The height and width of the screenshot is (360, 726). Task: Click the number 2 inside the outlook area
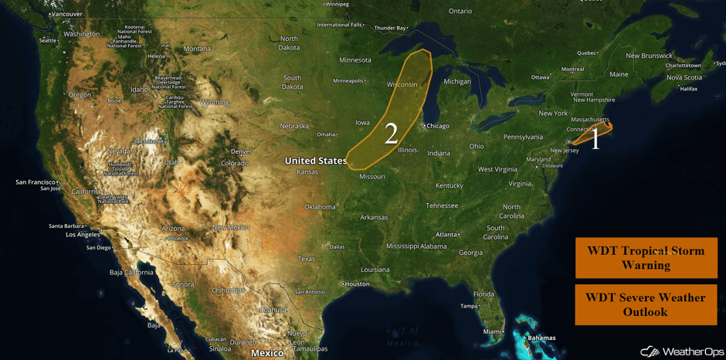(391, 134)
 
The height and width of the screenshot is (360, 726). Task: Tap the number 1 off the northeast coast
(595, 139)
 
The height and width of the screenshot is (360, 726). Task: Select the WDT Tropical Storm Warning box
(646, 257)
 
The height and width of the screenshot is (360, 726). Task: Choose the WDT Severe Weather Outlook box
(646, 304)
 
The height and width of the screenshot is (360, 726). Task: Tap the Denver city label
(241, 151)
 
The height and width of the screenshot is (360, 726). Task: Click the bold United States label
(315, 161)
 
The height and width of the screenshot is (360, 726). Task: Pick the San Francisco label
(36, 182)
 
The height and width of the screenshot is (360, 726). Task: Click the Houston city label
(357, 284)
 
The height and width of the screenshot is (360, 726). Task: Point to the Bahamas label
(541, 338)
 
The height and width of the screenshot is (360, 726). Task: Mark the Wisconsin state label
(402, 84)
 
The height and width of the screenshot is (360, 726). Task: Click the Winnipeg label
(337, 4)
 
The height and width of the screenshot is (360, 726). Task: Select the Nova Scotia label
(684, 77)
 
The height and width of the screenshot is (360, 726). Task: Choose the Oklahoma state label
(320, 207)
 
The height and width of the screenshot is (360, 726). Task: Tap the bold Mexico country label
(267, 353)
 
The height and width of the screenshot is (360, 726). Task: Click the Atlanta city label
(446, 235)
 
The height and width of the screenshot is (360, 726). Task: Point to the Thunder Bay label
(390, 28)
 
